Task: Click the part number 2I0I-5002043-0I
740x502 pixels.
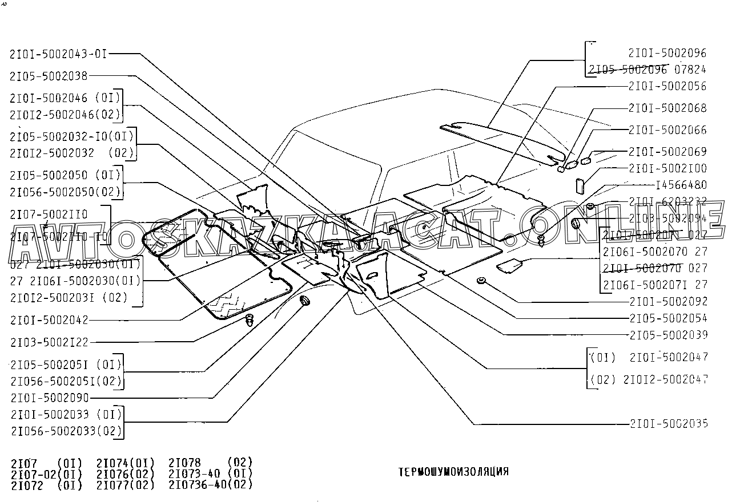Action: click(58, 54)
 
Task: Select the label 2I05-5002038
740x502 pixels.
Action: click(49, 76)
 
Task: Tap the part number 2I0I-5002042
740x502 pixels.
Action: click(49, 320)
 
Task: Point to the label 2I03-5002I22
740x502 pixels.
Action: click(49, 342)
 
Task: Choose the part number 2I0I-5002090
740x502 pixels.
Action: click(49, 398)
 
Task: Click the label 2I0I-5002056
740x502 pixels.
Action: click(667, 86)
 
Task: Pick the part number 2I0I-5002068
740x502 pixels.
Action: click(667, 108)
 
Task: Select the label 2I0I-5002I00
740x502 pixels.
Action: click(667, 168)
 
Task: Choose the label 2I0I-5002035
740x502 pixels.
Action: click(668, 423)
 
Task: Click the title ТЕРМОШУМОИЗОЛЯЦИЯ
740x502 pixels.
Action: click(453, 472)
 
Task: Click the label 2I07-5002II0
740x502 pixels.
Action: click(49, 214)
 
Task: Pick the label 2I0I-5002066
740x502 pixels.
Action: click(667, 130)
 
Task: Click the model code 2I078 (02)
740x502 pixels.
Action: click(211, 461)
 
